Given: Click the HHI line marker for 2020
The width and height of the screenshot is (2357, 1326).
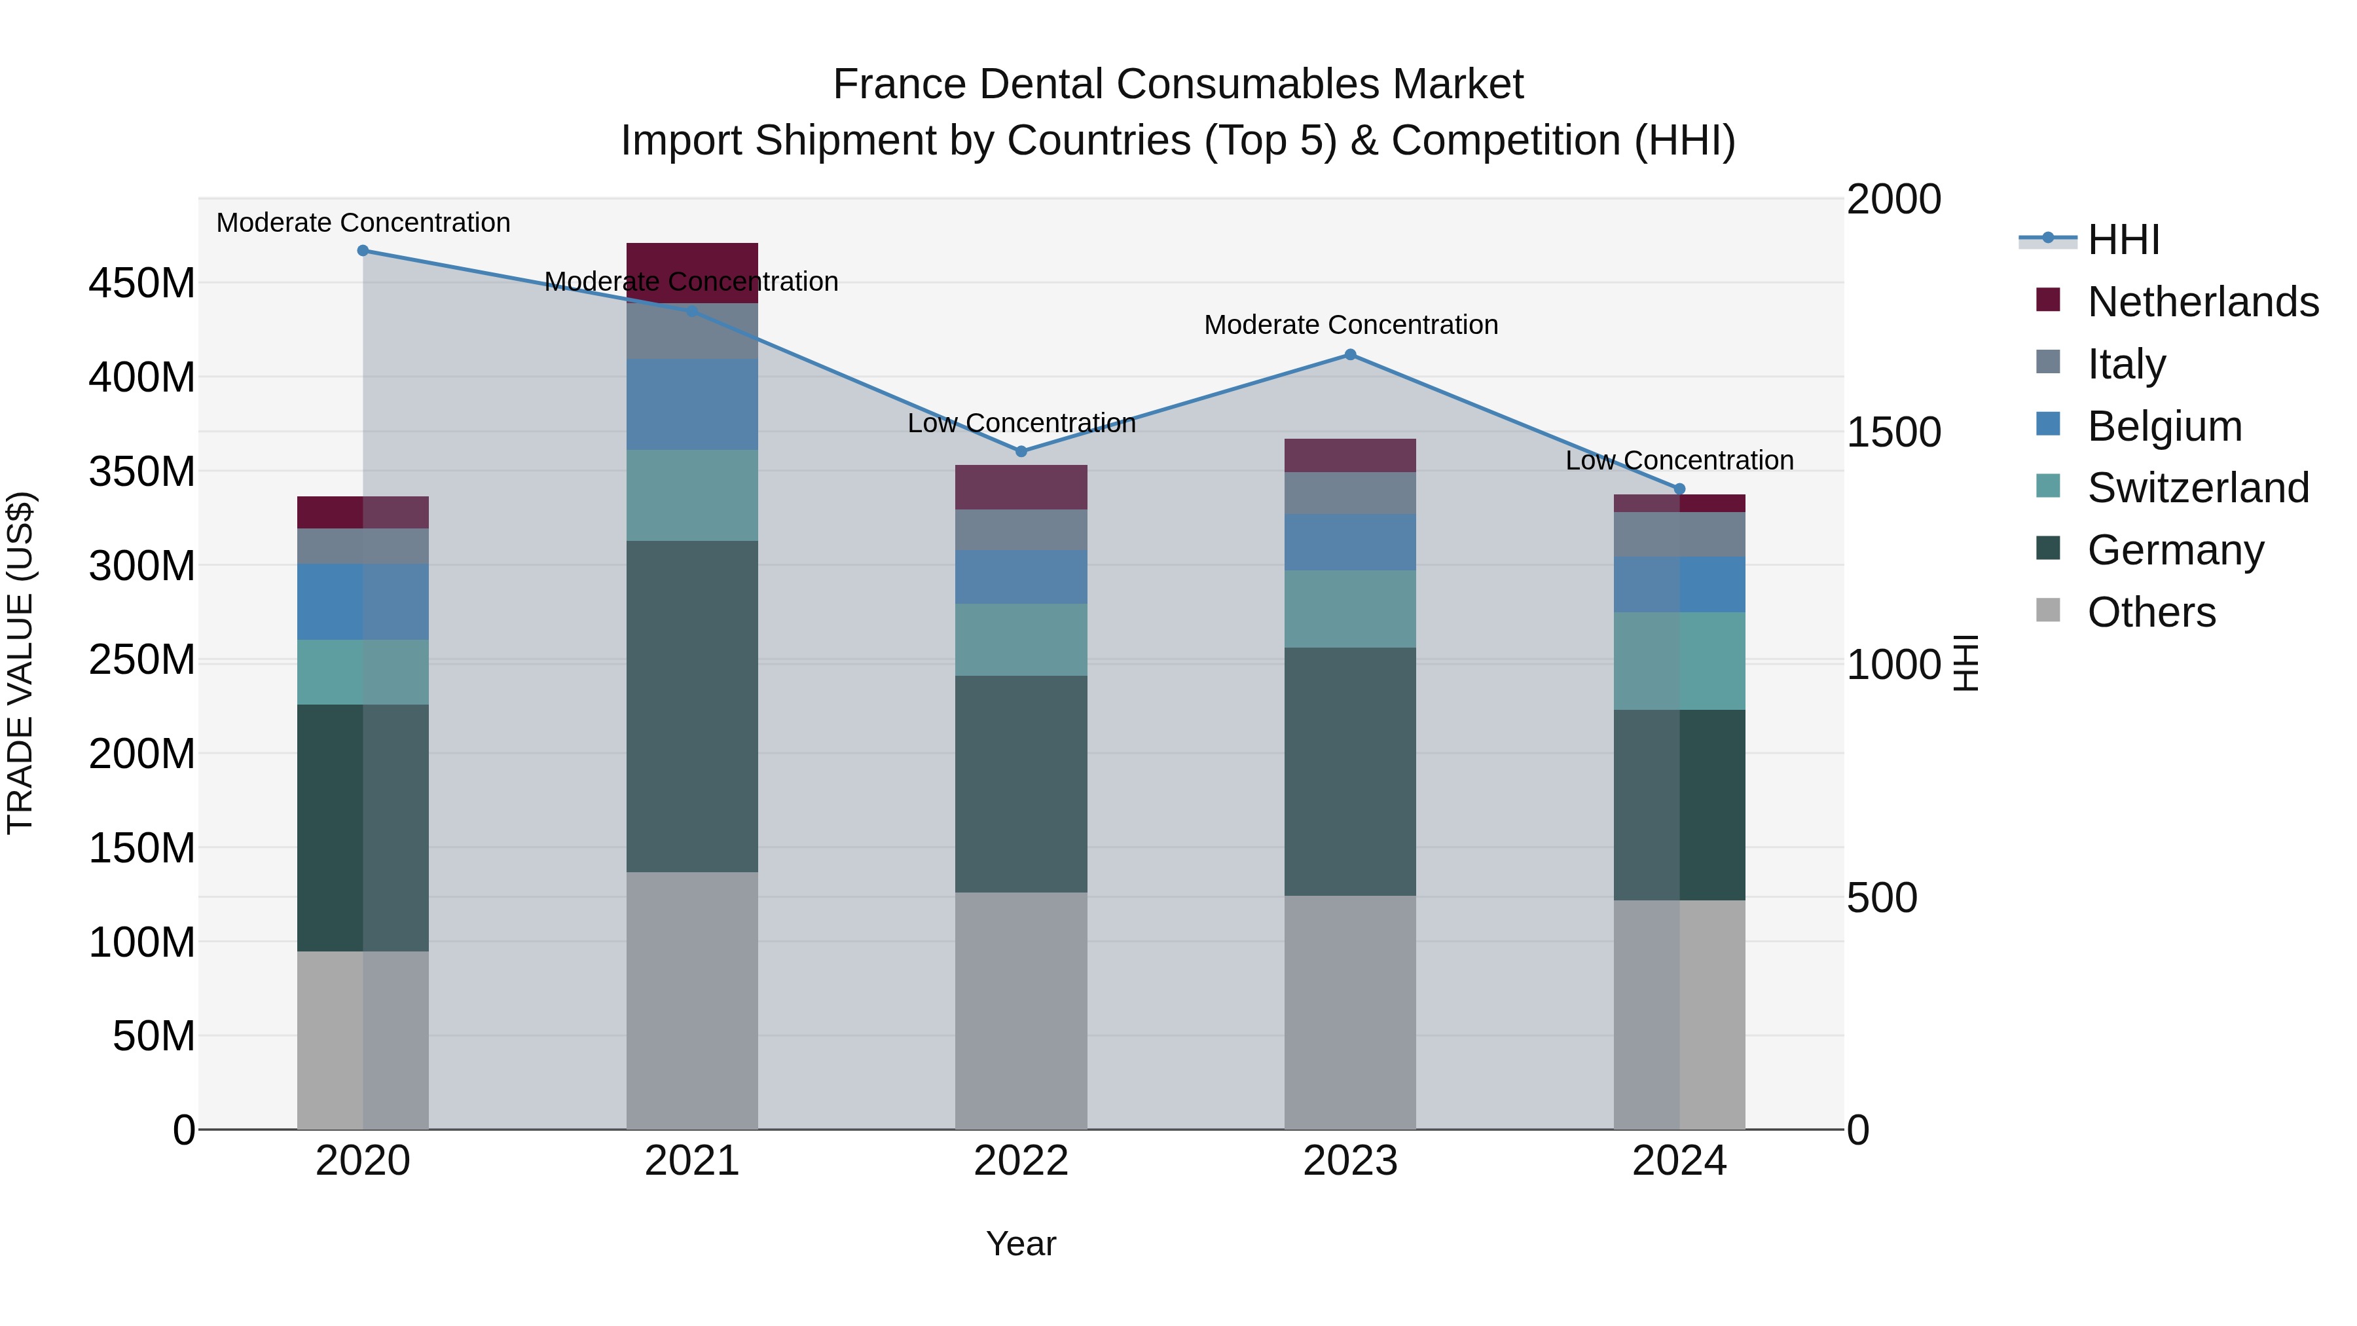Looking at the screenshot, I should (363, 250).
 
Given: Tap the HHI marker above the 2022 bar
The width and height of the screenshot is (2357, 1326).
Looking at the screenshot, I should (1021, 451).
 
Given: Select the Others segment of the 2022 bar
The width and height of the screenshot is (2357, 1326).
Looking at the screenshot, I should (1021, 1010).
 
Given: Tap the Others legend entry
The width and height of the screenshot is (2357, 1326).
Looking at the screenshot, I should (2150, 612).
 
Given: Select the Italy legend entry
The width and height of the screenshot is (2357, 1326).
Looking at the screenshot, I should (2125, 364).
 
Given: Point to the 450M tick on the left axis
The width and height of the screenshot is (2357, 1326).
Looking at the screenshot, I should (142, 284).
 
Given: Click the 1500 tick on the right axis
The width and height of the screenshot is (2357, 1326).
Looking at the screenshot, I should (1892, 432).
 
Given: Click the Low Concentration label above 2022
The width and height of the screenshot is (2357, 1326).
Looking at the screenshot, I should (1021, 423).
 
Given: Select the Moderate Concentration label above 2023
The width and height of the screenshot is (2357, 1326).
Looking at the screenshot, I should (1351, 325).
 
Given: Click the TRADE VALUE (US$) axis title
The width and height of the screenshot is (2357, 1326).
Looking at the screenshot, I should (20, 663).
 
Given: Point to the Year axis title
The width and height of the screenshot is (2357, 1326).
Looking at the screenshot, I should (1021, 1243).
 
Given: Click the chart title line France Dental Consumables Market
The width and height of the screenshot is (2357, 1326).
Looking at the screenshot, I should (1178, 84).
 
